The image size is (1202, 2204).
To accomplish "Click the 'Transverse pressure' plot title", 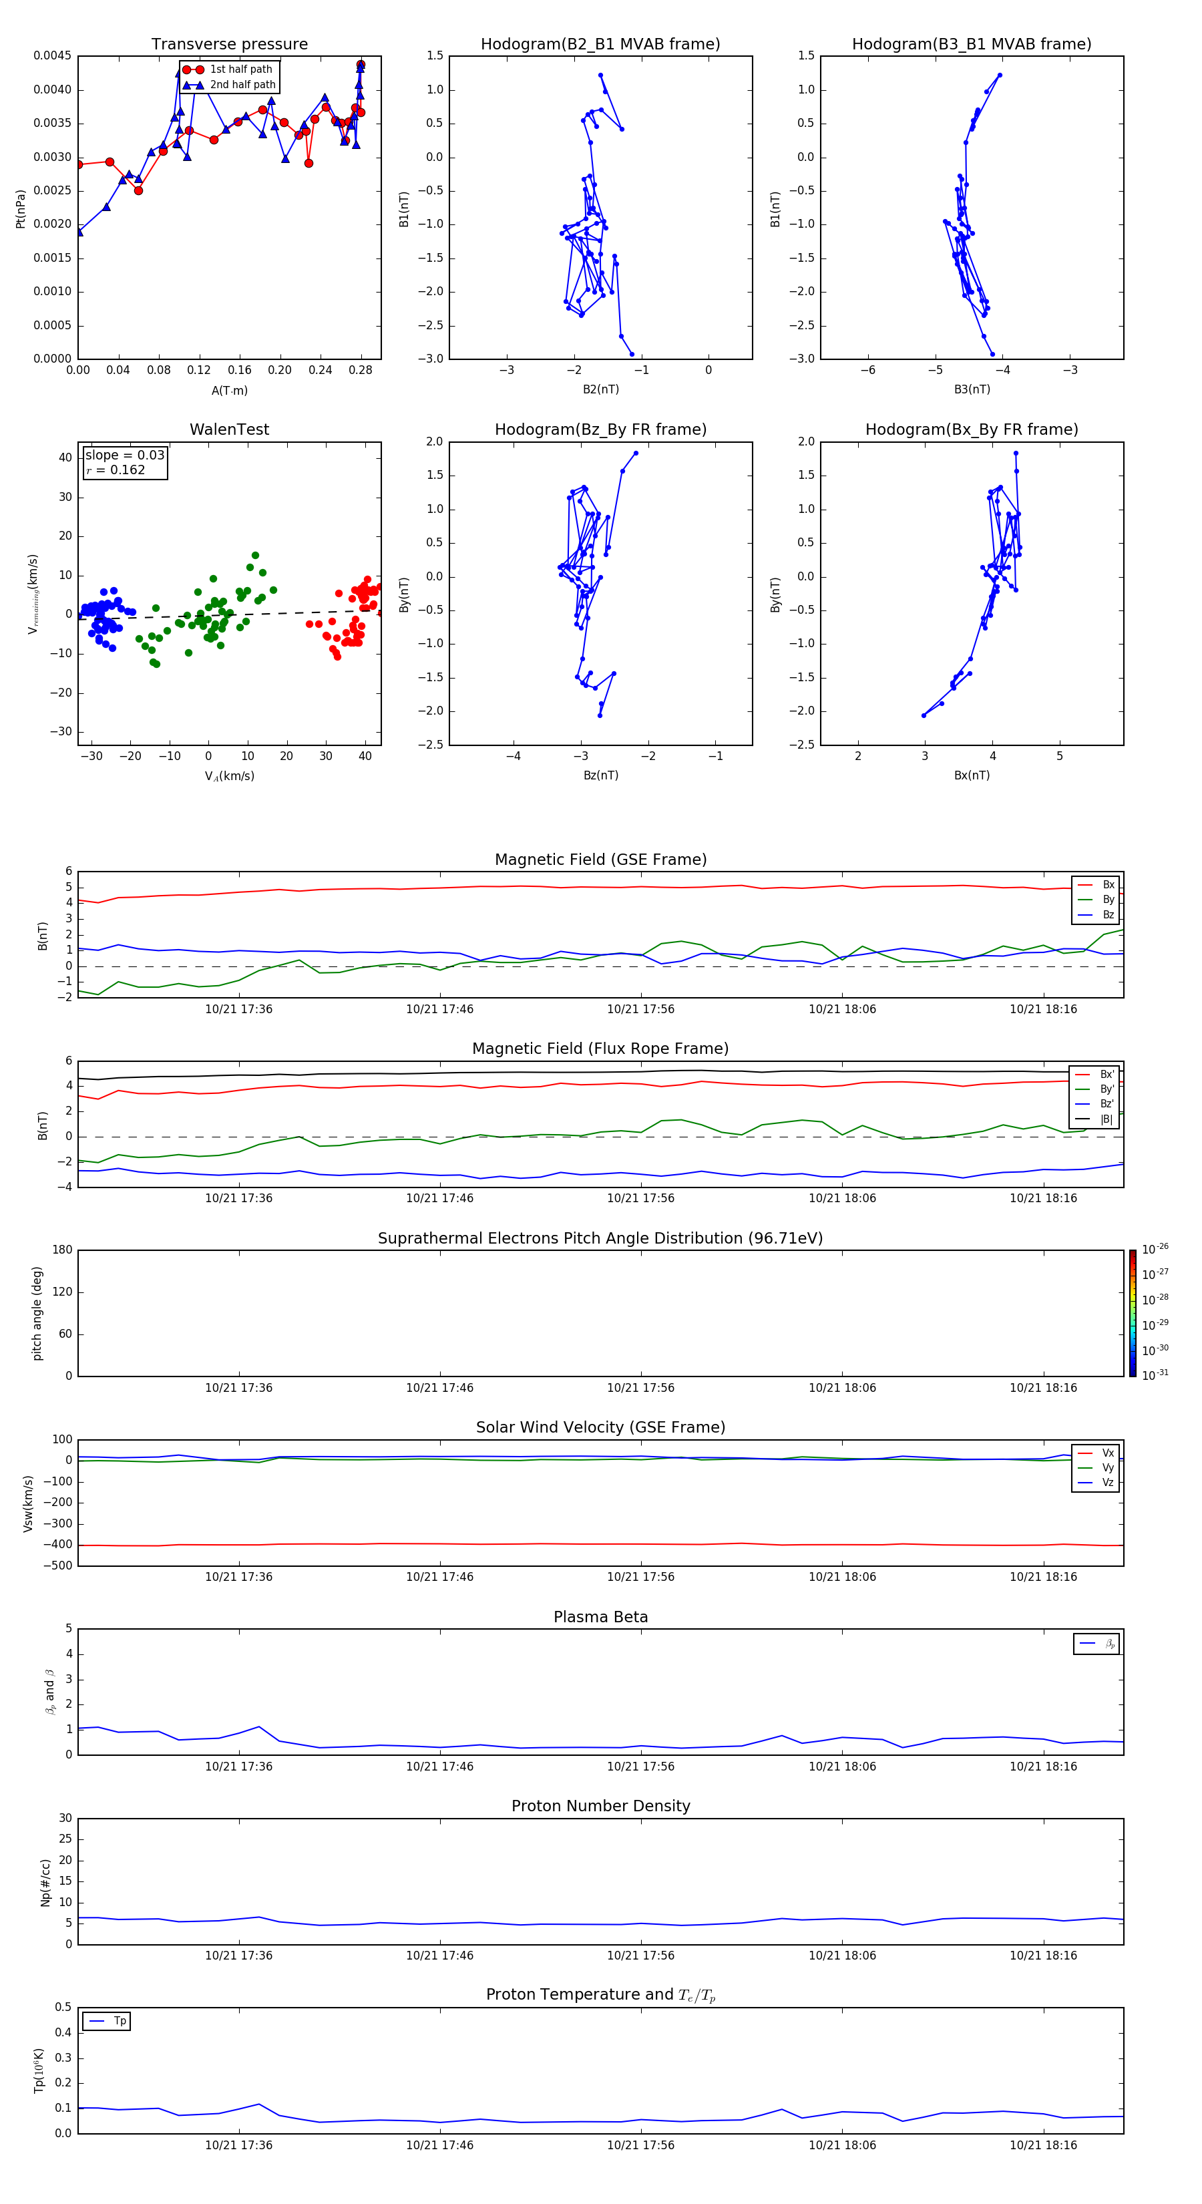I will (229, 45).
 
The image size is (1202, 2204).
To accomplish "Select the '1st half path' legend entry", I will (240, 69).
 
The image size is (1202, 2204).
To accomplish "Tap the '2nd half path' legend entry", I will (242, 85).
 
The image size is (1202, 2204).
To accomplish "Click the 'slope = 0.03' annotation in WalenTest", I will (124, 455).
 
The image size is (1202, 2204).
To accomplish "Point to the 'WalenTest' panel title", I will (229, 429).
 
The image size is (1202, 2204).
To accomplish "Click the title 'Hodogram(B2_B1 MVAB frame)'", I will (600, 45).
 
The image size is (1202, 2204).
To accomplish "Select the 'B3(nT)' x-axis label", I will (972, 389).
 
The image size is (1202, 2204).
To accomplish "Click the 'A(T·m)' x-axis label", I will (229, 391).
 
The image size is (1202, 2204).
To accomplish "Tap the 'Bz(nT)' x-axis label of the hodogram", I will (600, 775).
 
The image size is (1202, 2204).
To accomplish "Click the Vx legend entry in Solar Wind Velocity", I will (1107, 1453).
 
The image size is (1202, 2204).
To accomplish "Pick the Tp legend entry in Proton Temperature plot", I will (120, 2021).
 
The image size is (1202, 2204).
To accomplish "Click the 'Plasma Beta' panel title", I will (600, 1617).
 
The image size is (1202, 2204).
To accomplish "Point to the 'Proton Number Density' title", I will (600, 1806).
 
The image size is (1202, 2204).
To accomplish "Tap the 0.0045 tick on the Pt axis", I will (52, 57).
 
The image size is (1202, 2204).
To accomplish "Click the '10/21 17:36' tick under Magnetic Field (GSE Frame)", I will (238, 1010).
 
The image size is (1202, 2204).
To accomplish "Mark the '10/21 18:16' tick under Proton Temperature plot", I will (1043, 2145).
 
